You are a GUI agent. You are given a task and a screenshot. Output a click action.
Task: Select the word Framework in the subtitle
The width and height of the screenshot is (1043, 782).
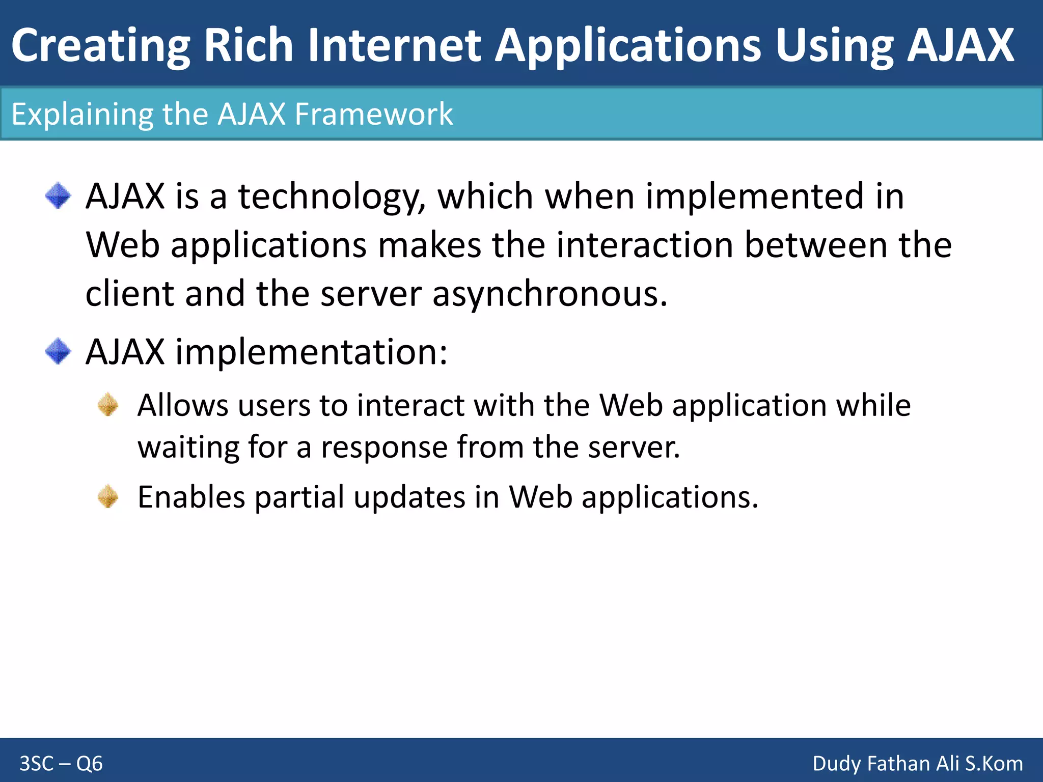tap(373, 114)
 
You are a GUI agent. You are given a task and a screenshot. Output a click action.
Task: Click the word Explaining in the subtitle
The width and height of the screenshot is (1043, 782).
tap(82, 115)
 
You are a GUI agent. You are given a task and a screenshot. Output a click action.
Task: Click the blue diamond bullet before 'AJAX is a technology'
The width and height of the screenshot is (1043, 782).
tap(58, 196)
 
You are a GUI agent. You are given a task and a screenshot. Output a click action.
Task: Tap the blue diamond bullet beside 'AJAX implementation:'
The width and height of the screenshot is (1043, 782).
tap(58, 351)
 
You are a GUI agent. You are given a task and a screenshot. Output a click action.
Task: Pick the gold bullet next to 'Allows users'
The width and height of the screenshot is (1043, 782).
tap(108, 405)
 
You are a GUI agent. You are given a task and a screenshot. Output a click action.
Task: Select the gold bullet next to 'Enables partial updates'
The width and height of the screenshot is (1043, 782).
tap(108, 496)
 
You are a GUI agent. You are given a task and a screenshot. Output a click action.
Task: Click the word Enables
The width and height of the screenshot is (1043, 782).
tap(191, 497)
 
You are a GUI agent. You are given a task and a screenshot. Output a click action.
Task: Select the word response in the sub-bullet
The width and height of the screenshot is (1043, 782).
tap(384, 448)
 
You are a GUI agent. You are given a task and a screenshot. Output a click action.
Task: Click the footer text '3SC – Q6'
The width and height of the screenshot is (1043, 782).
tap(61, 764)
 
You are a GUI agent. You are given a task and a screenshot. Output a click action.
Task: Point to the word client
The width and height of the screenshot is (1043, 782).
tap(129, 294)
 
